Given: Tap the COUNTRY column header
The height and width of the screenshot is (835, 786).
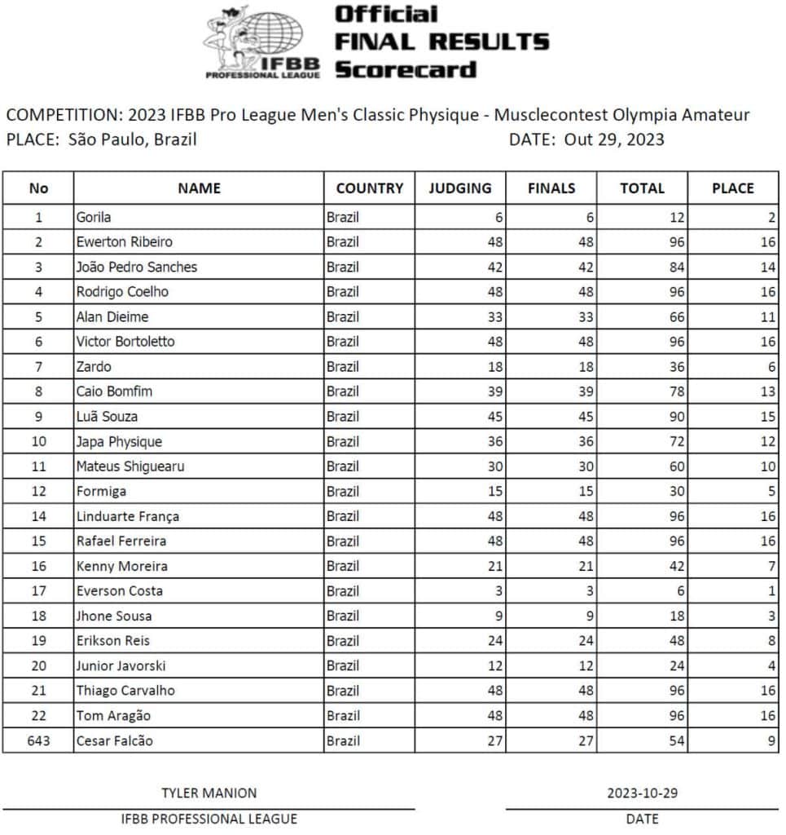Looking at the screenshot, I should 369,188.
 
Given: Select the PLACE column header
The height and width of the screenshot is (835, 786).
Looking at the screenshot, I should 732,188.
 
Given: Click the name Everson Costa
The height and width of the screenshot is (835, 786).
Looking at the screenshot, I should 119,590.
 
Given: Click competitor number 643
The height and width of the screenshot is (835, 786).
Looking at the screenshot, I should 38,740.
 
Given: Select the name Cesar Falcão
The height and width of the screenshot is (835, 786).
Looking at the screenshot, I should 114,740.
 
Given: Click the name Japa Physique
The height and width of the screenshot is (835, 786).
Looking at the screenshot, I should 119,441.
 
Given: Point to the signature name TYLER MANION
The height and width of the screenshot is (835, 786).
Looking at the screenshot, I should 209,793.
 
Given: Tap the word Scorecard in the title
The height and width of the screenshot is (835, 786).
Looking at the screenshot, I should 405,68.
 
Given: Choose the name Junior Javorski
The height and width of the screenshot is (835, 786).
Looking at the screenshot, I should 119,665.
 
